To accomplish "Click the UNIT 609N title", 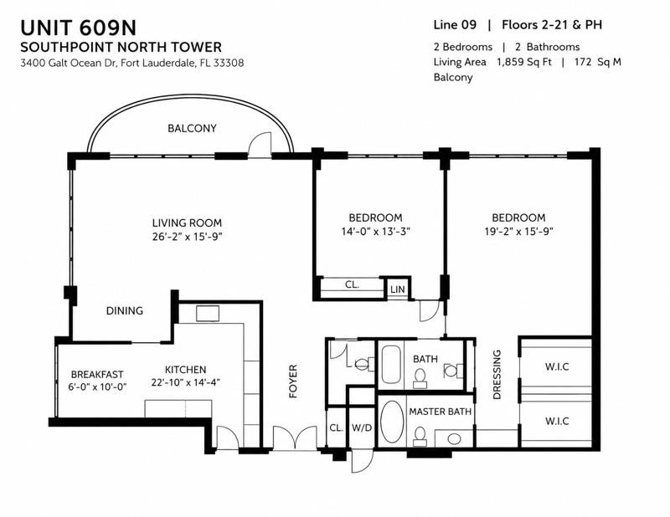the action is click(x=78, y=28).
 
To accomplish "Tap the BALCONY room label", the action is click(x=192, y=128).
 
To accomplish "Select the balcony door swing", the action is click(x=260, y=146).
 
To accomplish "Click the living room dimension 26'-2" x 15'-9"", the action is click(x=187, y=237).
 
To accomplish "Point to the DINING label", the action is click(x=124, y=311).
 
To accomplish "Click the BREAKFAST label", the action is click(x=97, y=375).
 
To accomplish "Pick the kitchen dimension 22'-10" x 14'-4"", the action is click(x=185, y=382).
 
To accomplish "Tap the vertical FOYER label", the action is click(x=292, y=381).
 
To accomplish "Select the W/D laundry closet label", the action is click(x=362, y=427).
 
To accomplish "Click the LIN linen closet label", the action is click(x=397, y=289).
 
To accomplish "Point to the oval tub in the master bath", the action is click(x=392, y=422).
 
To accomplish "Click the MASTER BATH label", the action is click(x=441, y=412).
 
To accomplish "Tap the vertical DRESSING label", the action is click(x=497, y=375).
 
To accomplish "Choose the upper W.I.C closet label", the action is click(x=557, y=366).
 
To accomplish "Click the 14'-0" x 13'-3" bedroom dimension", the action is click(x=375, y=232).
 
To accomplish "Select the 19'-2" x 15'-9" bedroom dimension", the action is click(x=518, y=232).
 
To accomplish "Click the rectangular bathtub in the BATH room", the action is click(x=391, y=365).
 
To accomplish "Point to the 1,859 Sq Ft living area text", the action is click(x=524, y=62).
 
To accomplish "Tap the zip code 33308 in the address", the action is click(x=229, y=64).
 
